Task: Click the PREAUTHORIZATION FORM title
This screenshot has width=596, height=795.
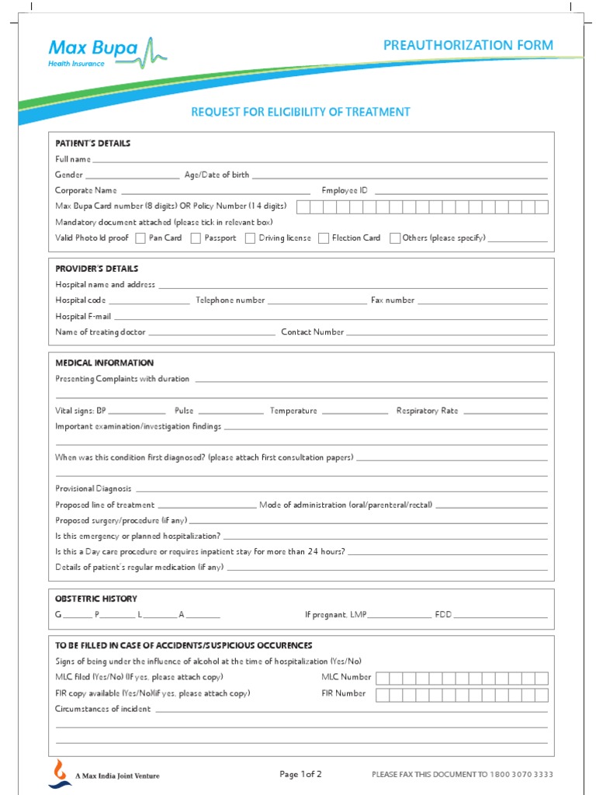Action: click(468, 45)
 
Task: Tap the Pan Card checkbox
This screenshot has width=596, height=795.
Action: click(140, 238)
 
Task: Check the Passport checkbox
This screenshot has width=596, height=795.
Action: click(196, 238)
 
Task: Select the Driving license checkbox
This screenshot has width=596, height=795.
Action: click(250, 238)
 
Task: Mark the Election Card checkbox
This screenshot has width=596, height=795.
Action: click(324, 238)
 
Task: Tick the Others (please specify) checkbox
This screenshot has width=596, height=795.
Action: click(395, 238)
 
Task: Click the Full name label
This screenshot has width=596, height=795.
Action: click(73, 159)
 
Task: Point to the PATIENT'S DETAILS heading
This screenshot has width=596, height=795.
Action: click(93, 144)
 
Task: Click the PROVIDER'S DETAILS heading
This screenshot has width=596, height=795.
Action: click(97, 269)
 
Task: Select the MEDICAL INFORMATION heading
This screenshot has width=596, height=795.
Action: click(105, 363)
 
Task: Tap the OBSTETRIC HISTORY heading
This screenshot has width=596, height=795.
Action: click(96, 599)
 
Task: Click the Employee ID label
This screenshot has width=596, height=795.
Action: click(345, 190)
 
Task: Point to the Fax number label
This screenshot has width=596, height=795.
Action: click(393, 300)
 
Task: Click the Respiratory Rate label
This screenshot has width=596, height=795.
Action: click(427, 411)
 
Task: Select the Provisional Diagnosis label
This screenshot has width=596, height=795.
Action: click(93, 489)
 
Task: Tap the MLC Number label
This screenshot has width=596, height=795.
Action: click(346, 677)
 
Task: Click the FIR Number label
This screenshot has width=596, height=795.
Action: click(344, 693)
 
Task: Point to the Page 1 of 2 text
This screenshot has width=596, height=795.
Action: click(300, 774)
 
